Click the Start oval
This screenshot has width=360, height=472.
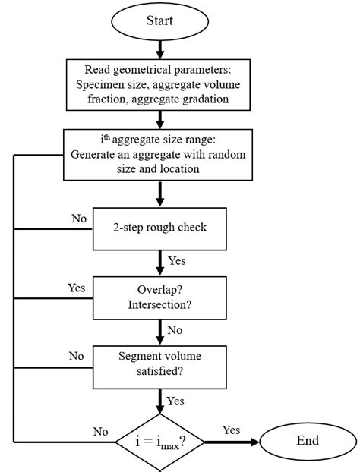pos(159,20)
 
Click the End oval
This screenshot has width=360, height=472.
pos(308,441)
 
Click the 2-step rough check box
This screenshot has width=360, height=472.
pos(159,228)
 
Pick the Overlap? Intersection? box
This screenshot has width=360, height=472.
pos(159,297)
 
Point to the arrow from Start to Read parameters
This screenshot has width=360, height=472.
pos(160,49)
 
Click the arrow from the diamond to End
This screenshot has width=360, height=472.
pos(232,441)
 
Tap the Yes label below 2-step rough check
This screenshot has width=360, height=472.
pos(177,261)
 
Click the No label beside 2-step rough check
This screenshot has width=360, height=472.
pos(79,219)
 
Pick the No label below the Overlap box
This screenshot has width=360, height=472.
pos(175,330)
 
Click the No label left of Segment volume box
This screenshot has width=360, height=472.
pos(77,356)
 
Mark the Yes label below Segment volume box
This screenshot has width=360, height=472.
pos(176,400)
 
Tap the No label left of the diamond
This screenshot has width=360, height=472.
pos(101,431)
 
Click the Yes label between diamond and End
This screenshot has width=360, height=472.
pos(231,430)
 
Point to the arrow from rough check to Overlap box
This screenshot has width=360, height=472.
pos(160,263)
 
